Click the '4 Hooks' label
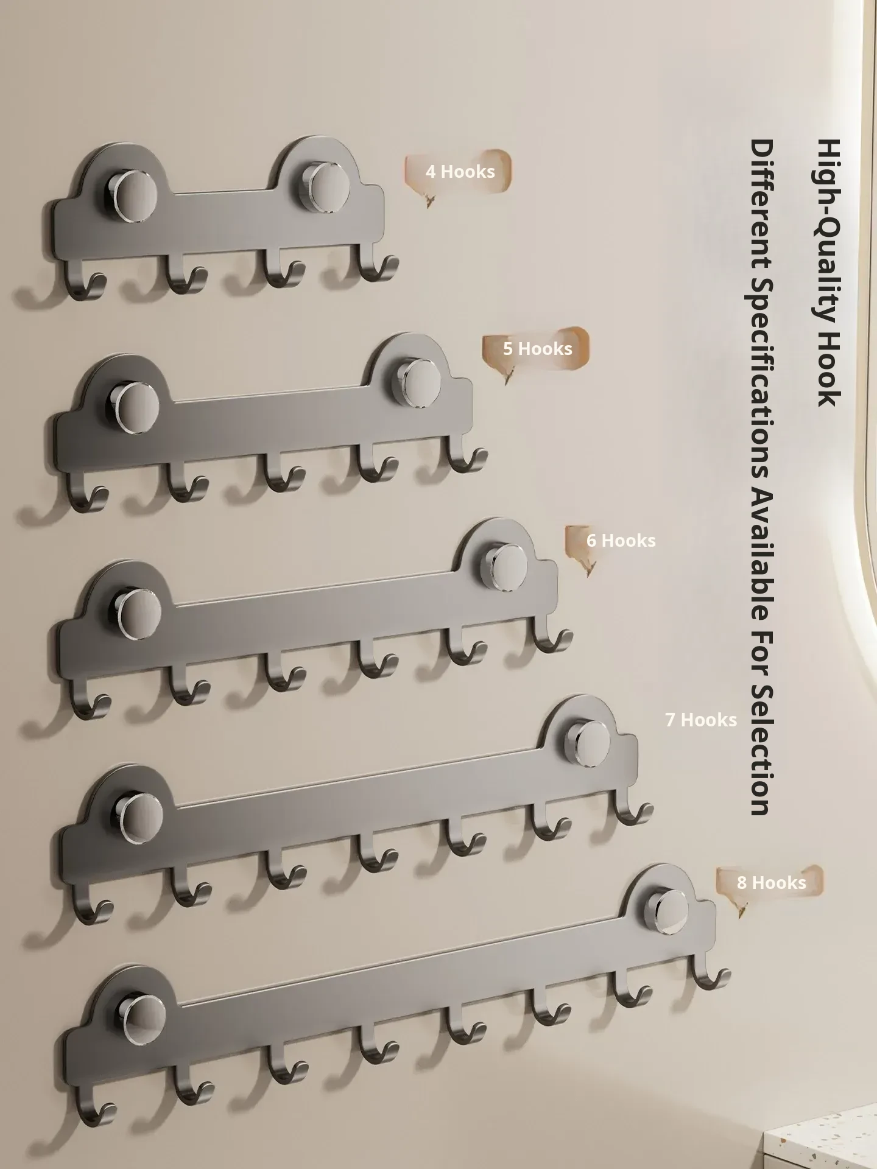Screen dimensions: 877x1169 tap(460, 172)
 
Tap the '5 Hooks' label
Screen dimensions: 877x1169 tap(538, 349)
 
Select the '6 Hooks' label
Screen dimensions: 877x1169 tap(621, 541)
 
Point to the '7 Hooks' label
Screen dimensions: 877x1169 tap(701, 720)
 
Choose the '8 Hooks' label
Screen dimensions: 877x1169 tap(772, 883)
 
